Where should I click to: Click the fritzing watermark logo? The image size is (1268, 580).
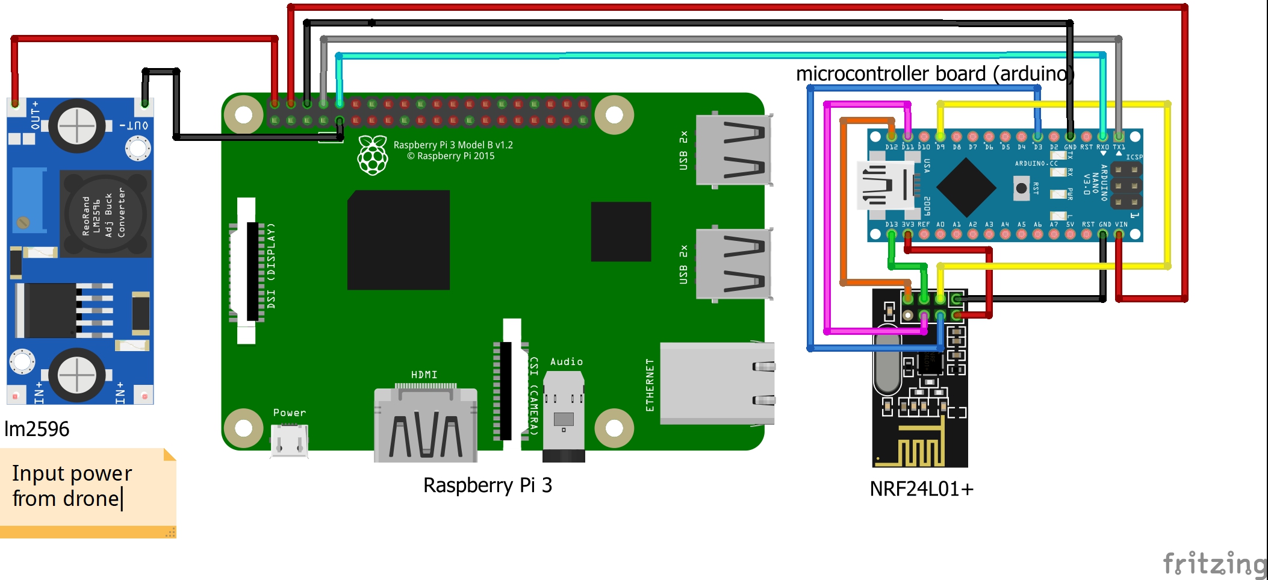tap(1215, 564)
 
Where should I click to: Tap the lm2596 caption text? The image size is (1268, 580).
tap(37, 429)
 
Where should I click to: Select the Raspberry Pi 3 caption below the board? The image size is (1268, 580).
tap(487, 485)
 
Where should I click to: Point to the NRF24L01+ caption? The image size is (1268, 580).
tap(921, 488)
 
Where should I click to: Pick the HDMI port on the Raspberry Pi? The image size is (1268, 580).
tap(425, 425)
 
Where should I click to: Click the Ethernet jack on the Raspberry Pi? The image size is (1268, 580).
tap(716, 383)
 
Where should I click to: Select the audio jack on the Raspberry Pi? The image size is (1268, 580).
tap(564, 416)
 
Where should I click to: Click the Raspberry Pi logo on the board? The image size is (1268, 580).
tap(373, 155)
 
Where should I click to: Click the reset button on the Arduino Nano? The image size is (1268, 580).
tap(1021, 189)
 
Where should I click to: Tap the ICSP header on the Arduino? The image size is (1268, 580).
tap(1126, 186)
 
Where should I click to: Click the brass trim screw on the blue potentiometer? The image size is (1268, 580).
tap(23, 222)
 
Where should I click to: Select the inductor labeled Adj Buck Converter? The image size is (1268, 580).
tap(104, 214)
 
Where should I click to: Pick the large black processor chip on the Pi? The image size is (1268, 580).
tap(398, 240)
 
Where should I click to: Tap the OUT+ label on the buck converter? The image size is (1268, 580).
tap(35, 115)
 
